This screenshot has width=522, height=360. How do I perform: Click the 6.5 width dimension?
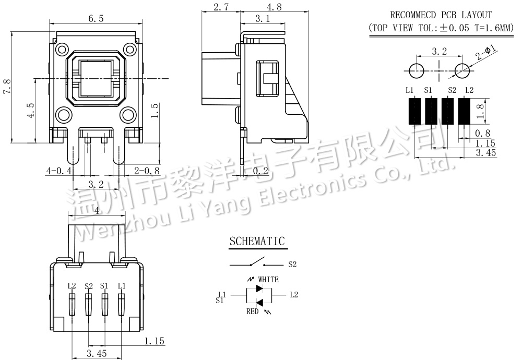(96, 19)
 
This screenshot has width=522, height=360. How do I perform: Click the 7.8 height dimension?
(7, 87)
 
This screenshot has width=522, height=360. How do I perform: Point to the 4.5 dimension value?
(30, 110)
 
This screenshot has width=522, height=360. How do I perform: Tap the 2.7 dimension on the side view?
(221, 7)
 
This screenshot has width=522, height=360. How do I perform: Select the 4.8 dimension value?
(275, 7)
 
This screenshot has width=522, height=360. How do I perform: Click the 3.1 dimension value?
(263, 19)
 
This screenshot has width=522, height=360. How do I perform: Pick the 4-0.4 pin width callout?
(59, 171)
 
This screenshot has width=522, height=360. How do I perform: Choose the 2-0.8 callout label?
(147, 171)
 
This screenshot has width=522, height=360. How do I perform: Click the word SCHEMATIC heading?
(257, 241)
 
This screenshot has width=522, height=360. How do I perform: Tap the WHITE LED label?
(268, 280)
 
